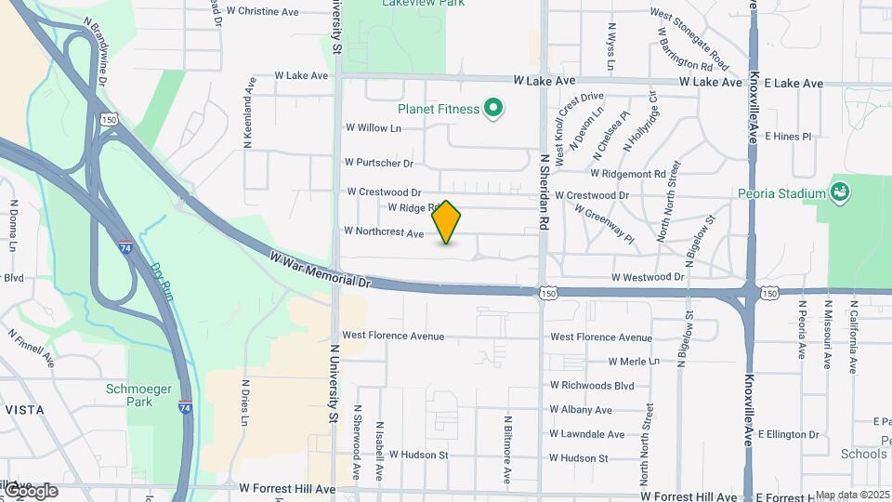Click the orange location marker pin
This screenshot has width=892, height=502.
(x=447, y=221)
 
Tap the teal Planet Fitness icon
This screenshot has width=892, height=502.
(x=494, y=110)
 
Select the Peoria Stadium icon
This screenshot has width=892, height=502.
(x=841, y=192)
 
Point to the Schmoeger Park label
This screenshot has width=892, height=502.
(x=129, y=395)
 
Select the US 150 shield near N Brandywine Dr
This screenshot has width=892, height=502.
(x=110, y=121)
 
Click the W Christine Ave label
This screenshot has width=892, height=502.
(x=262, y=12)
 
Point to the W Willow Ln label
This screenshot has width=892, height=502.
(x=373, y=127)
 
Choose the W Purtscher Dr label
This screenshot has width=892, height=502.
(x=378, y=164)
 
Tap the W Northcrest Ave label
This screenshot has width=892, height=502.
(x=384, y=231)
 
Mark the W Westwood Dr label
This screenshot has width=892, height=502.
(x=648, y=277)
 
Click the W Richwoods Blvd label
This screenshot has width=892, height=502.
(x=592, y=385)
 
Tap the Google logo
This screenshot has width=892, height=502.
(x=30, y=491)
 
